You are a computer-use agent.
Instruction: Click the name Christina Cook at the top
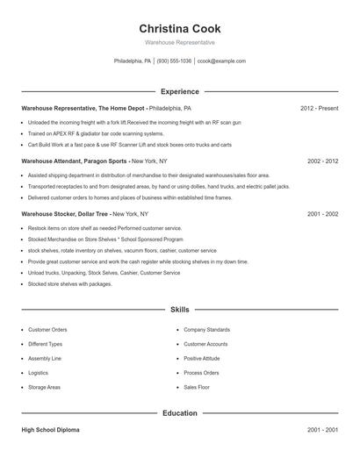[179, 28]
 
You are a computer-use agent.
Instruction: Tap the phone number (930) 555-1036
[174, 61]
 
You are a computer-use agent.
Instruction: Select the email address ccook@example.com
[221, 61]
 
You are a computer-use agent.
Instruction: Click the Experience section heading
[179, 91]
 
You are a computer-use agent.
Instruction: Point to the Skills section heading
[179, 310]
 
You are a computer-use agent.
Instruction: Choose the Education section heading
[179, 412]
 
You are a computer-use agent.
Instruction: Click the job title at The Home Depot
[82, 109]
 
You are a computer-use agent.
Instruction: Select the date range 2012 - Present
[319, 109]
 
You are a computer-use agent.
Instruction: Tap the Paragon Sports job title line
[74, 161]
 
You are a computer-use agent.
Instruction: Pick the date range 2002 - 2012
[322, 161]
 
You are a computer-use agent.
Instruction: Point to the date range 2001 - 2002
[322, 213]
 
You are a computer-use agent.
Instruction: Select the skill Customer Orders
[47, 330]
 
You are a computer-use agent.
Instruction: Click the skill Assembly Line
[45, 358]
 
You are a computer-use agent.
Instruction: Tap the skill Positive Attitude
[202, 358]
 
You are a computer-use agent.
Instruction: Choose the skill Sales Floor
[197, 387]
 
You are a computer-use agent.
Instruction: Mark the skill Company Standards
[206, 330]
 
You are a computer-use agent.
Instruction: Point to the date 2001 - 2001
[322, 431]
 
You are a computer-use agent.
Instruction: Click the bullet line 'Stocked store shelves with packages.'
[69, 283]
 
